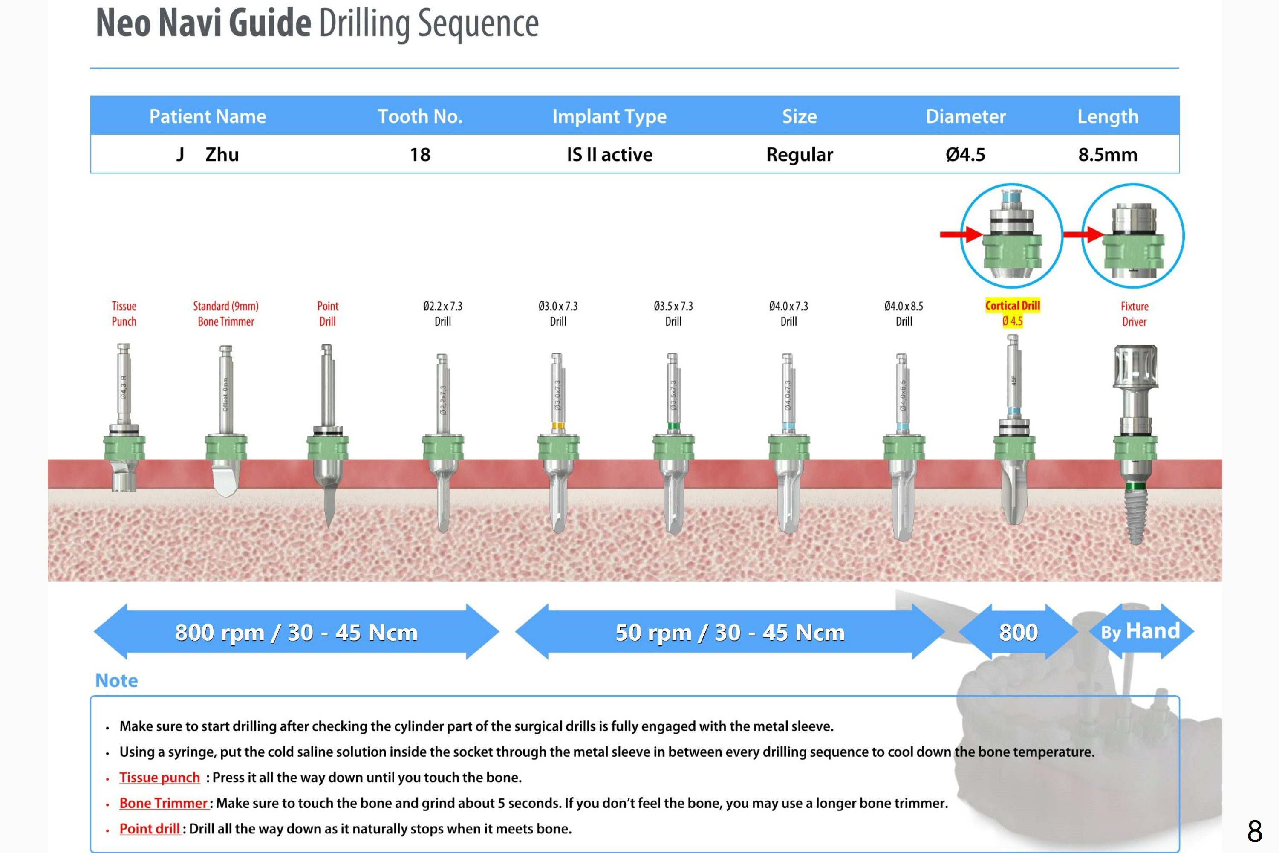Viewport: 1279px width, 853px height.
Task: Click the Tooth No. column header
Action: click(x=420, y=116)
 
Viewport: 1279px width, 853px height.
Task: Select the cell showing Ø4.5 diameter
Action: click(x=965, y=154)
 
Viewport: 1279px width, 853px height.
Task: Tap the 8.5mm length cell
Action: click(x=1108, y=154)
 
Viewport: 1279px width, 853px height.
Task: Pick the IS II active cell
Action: click(x=609, y=154)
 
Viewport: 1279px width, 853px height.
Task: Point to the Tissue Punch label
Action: click(x=124, y=313)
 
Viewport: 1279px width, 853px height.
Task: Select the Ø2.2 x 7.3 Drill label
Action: click(x=443, y=313)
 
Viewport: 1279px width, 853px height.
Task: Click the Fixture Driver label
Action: click(x=1135, y=313)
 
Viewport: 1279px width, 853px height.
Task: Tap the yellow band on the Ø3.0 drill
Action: click(x=557, y=425)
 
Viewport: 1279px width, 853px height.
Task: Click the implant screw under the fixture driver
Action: click(x=1135, y=517)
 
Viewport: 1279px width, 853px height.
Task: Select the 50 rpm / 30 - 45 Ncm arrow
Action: click(x=730, y=632)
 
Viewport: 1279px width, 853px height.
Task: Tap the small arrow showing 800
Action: click(x=1018, y=632)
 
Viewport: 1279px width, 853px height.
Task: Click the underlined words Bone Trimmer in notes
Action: click(x=163, y=803)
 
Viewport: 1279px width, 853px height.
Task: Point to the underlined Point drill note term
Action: click(x=150, y=829)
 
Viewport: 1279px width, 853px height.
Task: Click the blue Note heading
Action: click(x=116, y=680)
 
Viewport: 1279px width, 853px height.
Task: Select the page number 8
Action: click(x=1254, y=831)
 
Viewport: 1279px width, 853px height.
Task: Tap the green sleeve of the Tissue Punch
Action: click(x=124, y=448)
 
